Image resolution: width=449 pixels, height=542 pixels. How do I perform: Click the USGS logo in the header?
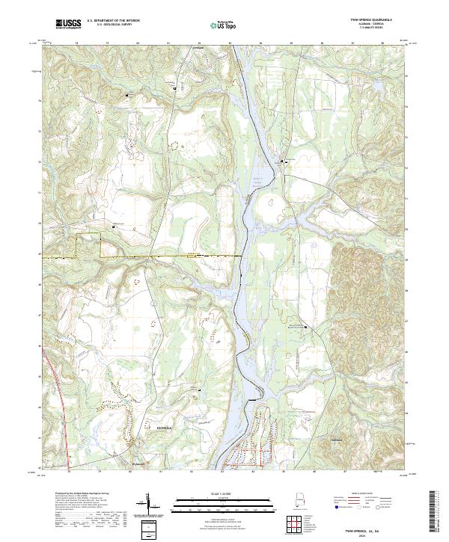coord(68,24)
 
